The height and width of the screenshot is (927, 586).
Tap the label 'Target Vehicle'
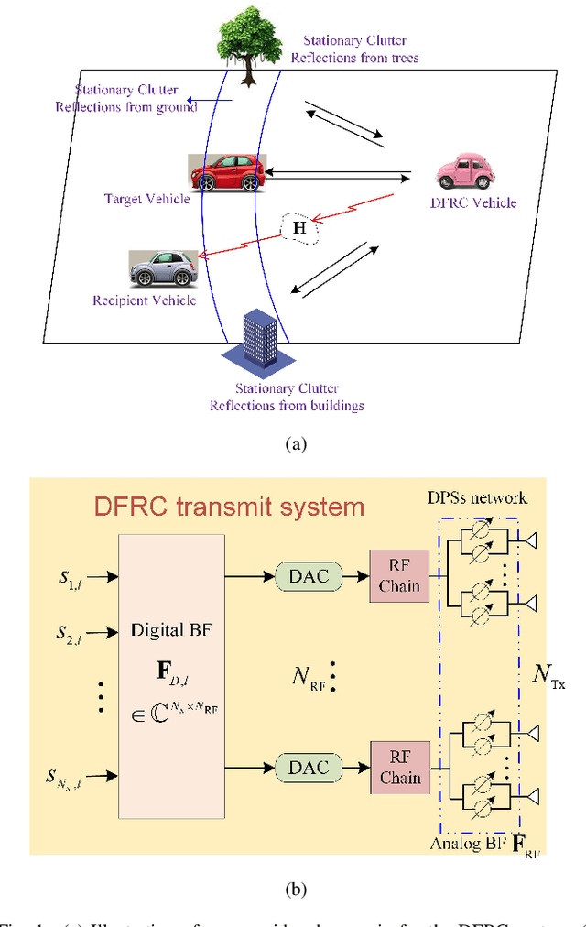point(147,199)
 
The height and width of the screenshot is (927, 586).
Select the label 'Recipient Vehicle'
point(144,300)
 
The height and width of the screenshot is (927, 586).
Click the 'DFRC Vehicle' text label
point(474,202)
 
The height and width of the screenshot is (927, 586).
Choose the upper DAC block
point(309,576)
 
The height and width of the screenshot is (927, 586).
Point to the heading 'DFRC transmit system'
point(230,507)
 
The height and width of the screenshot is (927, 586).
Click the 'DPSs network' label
point(477,497)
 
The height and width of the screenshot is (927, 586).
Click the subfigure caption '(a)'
point(294,444)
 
